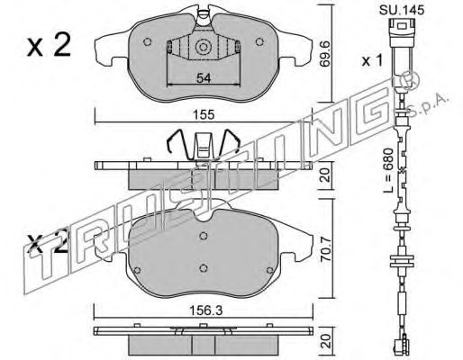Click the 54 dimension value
[x=204, y=78]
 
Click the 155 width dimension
[x=204, y=114]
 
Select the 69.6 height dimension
[x=326, y=54]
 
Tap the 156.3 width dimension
[x=205, y=310]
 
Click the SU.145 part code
[x=402, y=10]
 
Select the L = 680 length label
[x=389, y=170]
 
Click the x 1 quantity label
[x=372, y=61]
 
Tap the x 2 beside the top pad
[x=49, y=45]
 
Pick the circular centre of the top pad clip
[x=202, y=48]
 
